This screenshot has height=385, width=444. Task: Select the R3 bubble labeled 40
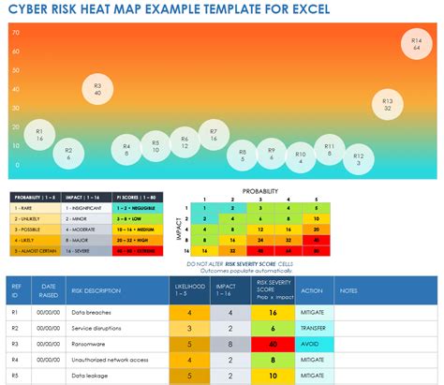click(x=97, y=88)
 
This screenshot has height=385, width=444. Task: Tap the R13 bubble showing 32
click(x=387, y=104)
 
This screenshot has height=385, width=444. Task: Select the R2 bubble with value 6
click(x=67, y=151)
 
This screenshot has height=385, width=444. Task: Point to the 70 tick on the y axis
click(x=17, y=32)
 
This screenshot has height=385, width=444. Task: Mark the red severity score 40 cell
click(x=272, y=344)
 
